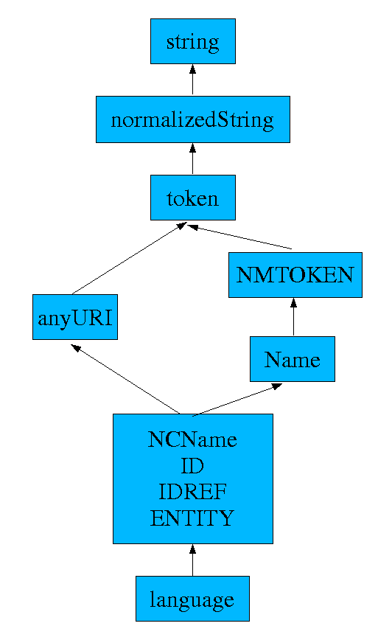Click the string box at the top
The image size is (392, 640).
[x=193, y=41]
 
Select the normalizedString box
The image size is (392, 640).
[x=192, y=120]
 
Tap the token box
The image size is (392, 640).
[x=192, y=198]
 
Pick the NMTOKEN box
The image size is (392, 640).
[x=295, y=275]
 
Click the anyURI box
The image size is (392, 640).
[x=75, y=317]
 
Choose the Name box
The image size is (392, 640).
[x=293, y=359]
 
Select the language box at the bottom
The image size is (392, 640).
[x=192, y=599]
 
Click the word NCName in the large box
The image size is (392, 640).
[x=192, y=440]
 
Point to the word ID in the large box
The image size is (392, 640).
[x=192, y=466]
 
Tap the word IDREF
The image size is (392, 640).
[x=192, y=492]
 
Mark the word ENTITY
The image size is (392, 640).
[x=192, y=518]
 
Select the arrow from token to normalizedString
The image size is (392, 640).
[x=193, y=159]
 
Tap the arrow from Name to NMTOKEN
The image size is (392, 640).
[x=294, y=317]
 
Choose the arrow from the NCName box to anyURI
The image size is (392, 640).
[x=125, y=379]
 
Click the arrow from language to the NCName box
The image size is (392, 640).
[x=192, y=560]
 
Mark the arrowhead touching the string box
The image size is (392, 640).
[x=193, y=69]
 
